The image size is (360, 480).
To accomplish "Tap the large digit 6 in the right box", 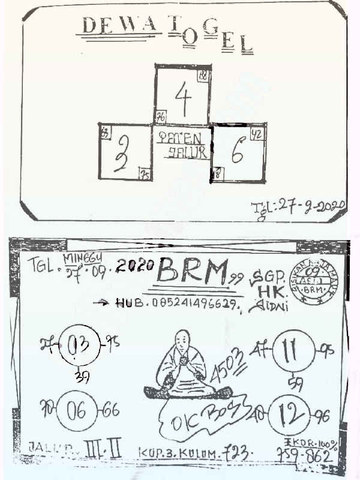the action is coord(236,154).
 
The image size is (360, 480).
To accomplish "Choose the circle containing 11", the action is coord(292,349).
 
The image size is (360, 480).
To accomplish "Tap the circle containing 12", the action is coord(292,414).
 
